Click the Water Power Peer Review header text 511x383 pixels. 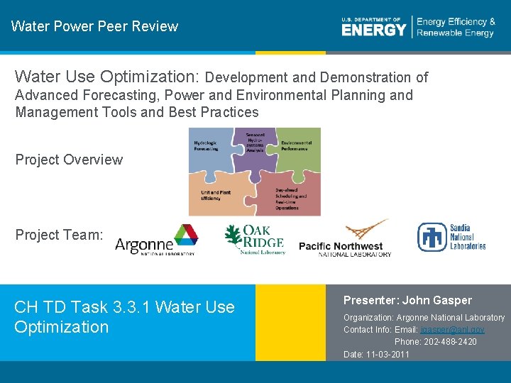(x=94, y=26)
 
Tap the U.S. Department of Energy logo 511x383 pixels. (x=374, y=27)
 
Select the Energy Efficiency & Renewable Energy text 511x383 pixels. (x=455, y=28)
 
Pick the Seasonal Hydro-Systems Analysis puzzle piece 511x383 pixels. (x=255, y=144)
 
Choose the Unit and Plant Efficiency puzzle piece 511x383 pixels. (x=215, y=195)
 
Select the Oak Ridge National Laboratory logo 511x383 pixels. (x=255, y=240)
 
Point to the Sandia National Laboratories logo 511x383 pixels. (x=451, y=237)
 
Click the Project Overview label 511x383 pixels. (x=69, y=160)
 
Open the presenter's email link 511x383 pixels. (x=452, y=330)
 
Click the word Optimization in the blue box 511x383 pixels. (x=62, y=327)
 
